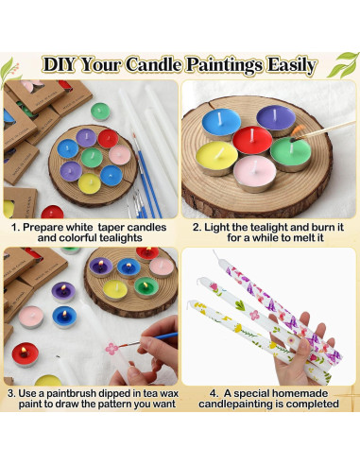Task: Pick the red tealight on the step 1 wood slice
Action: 108,138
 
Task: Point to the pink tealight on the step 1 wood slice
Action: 119,155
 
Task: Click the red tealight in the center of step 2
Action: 252,141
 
